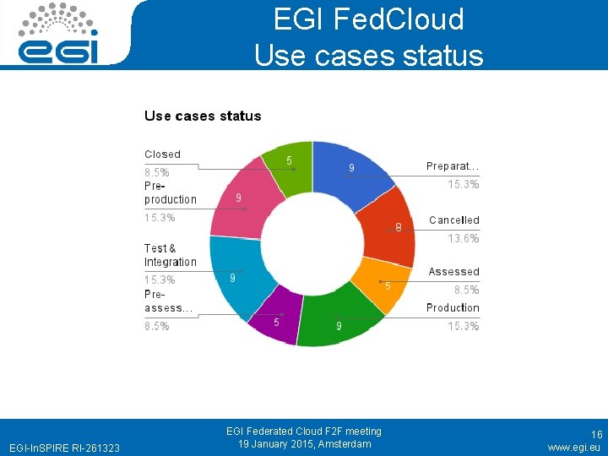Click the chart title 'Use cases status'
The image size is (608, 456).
203,116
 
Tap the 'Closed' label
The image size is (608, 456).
162,155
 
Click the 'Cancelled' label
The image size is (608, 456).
453,220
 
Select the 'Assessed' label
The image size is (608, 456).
453,272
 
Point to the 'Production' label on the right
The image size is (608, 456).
453,308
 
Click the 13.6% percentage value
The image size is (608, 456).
464,239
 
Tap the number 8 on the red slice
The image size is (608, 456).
399,227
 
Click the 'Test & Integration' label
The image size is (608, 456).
170,255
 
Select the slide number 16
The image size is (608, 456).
596,433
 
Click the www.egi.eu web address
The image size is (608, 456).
574,447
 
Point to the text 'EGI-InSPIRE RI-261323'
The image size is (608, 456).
63,447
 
